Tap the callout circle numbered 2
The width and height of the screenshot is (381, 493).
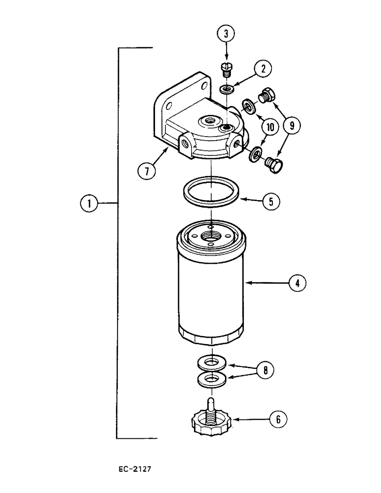tap(264, 70)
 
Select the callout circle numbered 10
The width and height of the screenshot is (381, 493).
tap(269, 127)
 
